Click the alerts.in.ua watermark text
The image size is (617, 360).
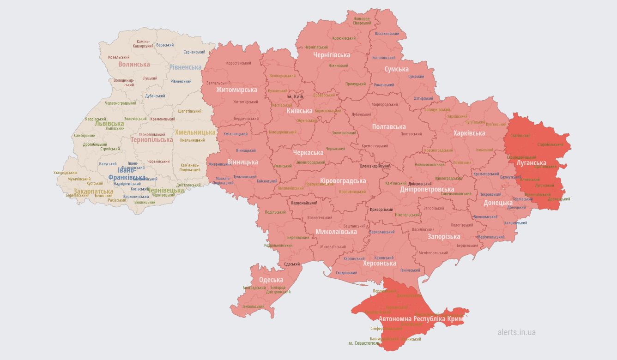(516, 332)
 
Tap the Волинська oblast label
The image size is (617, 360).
(134, 65)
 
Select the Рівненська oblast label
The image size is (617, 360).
(185, 67)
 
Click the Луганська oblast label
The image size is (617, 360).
(531, 163)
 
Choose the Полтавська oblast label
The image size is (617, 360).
(389, 126)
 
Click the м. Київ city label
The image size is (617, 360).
(295, 96)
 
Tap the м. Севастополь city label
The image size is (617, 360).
(364, 343)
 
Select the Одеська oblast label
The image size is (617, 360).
(271, 280)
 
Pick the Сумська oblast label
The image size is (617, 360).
(396, 69)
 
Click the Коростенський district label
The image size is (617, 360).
(238, 63)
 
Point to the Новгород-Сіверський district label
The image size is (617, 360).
(362, 21)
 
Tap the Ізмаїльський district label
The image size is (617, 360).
(254, 306)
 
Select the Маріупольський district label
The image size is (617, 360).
(491, 237)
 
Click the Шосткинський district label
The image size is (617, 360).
(387, 34)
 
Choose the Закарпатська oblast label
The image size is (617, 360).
(93, 191)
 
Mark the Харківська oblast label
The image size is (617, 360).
(469, 133)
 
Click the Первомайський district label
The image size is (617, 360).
(303, 203)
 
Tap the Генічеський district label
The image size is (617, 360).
(410, 270)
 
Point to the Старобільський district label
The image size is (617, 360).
(550, 144)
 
